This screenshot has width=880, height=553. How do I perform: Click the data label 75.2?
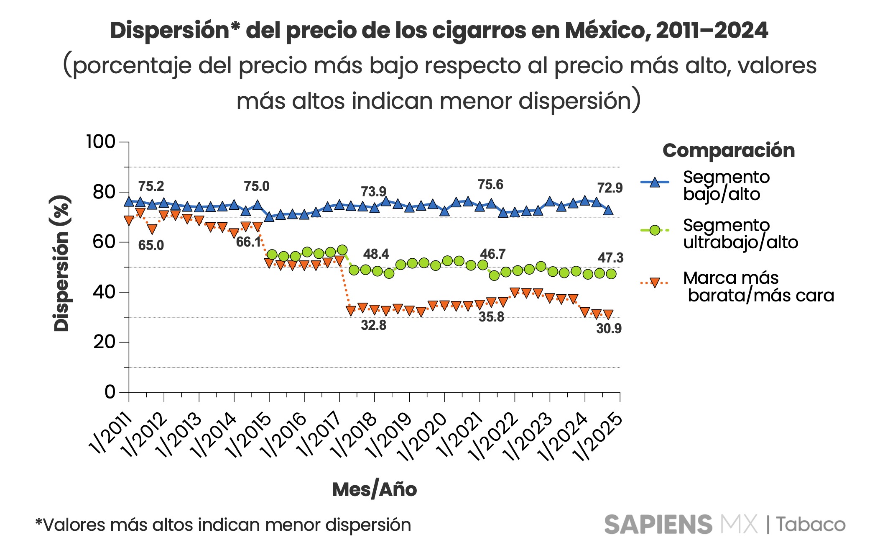click(x=151, y=186)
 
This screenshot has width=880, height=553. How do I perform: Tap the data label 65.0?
click(x=151, y=245)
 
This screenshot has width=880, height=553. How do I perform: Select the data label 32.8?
click(x=373, y=325)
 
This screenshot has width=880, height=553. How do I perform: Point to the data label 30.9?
click(x=609, y=329)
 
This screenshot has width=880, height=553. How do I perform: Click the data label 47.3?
click(x=610, y=258)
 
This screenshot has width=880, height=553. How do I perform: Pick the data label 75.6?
click(x=490, y=185)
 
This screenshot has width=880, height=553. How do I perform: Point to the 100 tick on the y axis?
click(x=100, y=142)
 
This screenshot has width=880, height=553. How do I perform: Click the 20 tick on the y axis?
click(x=104, y=342)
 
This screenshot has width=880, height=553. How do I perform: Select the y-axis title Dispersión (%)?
click(x=61, y=264)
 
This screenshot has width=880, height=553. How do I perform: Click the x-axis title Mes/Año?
click(x=374, y=489)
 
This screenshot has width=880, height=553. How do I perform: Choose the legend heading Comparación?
click(x=728, y=150)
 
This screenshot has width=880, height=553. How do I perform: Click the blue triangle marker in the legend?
click(x=655, y=183)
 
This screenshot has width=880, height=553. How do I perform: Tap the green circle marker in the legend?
click(x=655, y=230)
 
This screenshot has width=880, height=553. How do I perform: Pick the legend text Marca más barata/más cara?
click(x=758, y=287)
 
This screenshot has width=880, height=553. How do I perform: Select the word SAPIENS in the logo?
click(x=658, y=525)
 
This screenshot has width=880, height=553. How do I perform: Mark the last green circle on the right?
click(x=611, y=274)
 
